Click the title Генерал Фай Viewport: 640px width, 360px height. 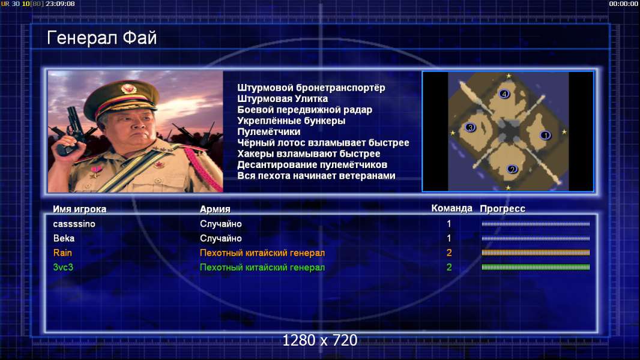[x=101, y=38]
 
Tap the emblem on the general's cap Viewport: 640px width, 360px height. [x=128, y=89]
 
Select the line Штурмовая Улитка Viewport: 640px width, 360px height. [x=282, y=98]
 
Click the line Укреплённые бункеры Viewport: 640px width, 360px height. [x=291, y=121]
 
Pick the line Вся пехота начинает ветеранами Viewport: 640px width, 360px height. [x=316, y=176]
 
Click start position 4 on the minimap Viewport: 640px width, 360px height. [x=504, y=94]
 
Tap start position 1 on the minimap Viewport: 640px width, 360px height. [x=545, y=135]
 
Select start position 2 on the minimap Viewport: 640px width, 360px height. [x=512, y=169]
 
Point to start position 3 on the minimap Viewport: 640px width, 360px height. [x=470, y=128]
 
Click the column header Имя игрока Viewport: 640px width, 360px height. [x=80, y=209]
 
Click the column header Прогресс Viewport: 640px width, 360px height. [x=503, y=209]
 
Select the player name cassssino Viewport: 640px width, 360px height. [x=74, y=224]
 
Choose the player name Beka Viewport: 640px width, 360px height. [x=64, y=238]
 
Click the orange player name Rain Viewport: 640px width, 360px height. [x=62, y=253]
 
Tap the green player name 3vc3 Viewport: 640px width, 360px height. [x=63, y=268]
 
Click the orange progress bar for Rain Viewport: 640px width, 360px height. [x=536, y=253]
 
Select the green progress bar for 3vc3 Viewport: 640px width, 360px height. [x=536, y=267]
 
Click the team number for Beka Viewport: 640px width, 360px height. [x=449, y=238]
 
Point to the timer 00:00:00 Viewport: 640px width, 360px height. [x=623, y=4]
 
